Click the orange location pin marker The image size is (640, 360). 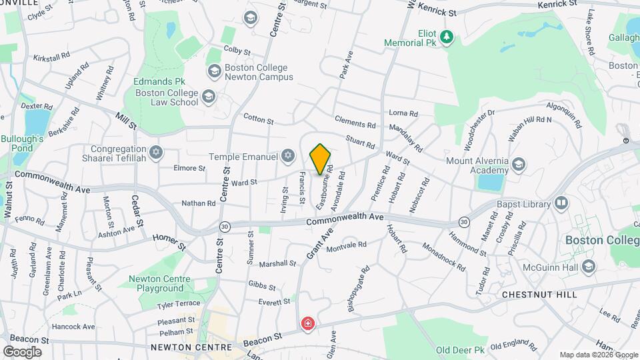321,159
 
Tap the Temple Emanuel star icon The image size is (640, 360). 288,155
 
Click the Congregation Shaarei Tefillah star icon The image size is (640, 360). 156,153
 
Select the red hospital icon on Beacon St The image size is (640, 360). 308,324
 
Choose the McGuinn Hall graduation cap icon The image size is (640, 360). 588,267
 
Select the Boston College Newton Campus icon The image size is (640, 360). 215,70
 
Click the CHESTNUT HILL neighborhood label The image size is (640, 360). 539,294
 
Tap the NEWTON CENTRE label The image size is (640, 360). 191,347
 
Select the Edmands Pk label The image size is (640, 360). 159,81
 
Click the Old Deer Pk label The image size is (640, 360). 460,350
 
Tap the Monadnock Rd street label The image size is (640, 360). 443,256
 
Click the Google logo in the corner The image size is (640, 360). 22,351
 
